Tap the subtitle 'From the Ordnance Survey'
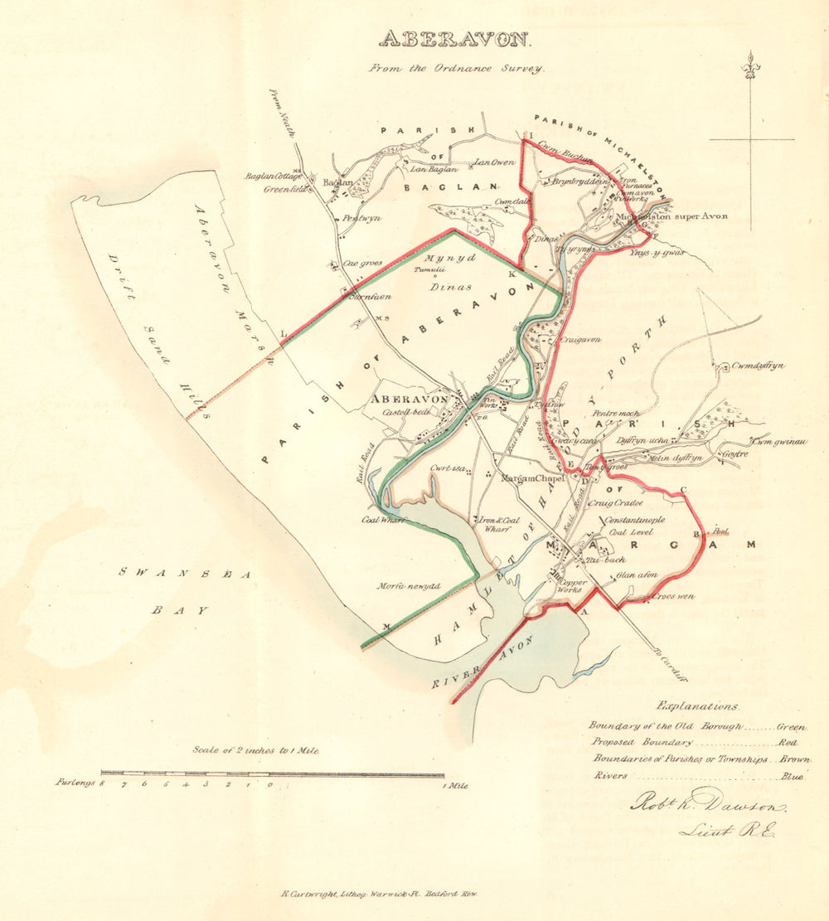pos(457,69)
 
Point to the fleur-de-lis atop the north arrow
pos(752,64)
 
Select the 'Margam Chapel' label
pos(533,478)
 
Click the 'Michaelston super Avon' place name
pos(673,216)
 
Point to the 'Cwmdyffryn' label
pos(758,366)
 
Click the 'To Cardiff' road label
pos(669,664)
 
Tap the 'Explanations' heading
pos(696,706)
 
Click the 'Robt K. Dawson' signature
pos(709,803)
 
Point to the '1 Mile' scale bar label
pos(454,786)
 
